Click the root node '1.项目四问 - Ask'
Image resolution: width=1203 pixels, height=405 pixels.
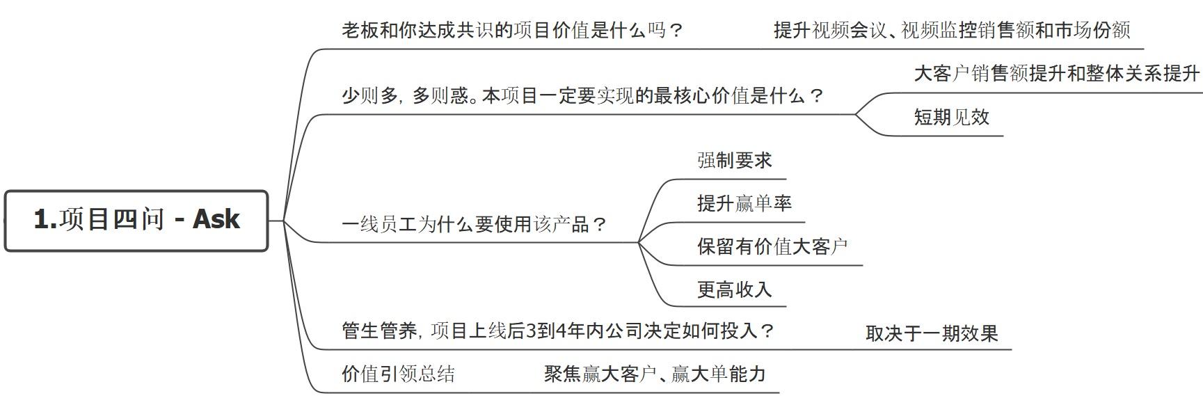136,220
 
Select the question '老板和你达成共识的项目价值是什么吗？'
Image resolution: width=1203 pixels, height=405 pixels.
512,31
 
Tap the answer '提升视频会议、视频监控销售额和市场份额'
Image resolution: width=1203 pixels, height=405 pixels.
952,31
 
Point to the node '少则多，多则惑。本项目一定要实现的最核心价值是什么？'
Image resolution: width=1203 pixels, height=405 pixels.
582,96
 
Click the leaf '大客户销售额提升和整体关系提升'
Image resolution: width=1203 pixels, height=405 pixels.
1056,74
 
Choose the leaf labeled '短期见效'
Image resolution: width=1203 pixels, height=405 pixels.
951,117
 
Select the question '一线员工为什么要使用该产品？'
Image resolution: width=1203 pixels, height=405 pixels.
475,224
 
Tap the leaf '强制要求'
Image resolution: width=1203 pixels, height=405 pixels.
734,161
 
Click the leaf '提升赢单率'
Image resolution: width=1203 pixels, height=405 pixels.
744,203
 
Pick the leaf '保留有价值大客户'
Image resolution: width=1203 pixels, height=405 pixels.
772,246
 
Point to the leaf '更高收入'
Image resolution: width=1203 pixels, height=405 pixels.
734,289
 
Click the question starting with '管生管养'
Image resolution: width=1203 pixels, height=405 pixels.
558,331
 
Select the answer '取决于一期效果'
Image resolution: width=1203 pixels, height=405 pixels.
931,333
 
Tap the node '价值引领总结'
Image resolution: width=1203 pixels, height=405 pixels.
398,374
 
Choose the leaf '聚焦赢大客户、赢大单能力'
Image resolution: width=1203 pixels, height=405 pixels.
654,374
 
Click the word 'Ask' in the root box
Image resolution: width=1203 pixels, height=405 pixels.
216,220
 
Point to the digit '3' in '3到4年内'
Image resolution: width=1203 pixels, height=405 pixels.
531,331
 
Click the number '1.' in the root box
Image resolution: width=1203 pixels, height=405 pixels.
45,220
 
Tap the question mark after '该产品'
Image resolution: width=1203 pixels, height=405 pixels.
600,225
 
